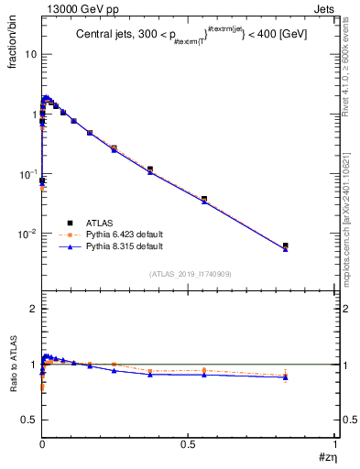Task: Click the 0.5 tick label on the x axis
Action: click(x=189, y=444)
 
